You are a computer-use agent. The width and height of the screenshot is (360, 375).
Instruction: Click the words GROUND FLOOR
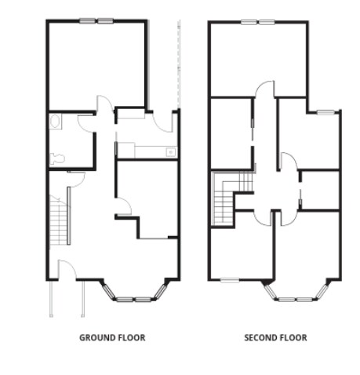[112, 338]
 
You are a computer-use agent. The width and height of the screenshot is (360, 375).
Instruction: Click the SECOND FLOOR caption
[275, 338]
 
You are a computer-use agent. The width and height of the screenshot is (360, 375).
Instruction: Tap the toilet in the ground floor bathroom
[55, 157]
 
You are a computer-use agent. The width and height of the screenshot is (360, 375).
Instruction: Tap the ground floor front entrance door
[67, 269]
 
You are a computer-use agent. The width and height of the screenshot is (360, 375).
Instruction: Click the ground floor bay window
[136, 297]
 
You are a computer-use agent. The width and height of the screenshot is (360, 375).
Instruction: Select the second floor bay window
[296, 297]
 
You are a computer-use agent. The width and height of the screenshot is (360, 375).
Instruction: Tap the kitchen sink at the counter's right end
[169, 151]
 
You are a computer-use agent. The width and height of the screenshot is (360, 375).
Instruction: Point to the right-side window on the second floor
[326, 113]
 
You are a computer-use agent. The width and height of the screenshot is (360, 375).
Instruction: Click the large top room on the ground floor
[96, 64]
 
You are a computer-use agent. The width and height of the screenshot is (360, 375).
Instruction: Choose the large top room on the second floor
[259, 59]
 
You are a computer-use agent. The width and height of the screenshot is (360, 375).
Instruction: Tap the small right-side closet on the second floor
[320, 190]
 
